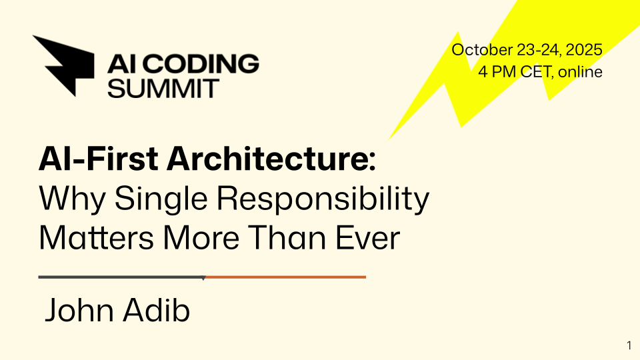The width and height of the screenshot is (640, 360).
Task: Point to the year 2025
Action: tap(585, 50)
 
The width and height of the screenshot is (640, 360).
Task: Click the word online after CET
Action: tap(580, 71)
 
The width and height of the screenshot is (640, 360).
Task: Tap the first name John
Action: tap(76, 312)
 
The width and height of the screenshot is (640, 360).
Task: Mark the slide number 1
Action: tap(629, 345)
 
